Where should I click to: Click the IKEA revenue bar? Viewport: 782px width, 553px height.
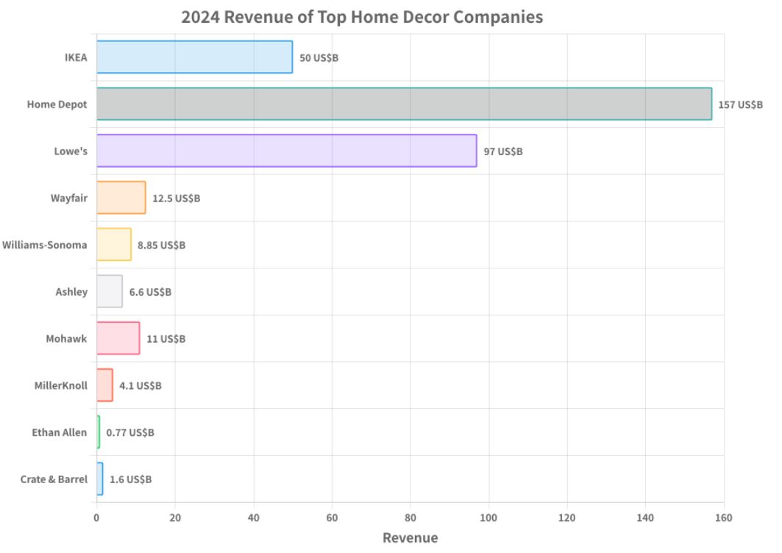[194, 57]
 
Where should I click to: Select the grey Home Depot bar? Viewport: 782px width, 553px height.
[404, 104]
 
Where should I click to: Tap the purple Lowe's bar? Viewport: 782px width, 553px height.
[286, 151]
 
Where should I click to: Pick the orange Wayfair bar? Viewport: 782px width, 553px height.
[121, 198]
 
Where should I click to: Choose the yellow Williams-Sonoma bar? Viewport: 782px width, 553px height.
[114, 244]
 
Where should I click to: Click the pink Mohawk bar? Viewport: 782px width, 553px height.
[118, 338]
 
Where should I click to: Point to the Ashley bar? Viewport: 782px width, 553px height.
[110, 291]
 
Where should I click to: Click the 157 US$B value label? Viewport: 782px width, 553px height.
[740, 104]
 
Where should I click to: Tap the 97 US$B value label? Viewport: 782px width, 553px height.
[503, 151]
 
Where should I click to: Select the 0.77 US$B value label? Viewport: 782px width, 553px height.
[130, 432]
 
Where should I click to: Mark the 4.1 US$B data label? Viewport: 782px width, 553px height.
[141, 385]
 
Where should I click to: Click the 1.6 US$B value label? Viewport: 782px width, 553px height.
[131, 479]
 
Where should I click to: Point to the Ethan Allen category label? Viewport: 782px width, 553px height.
[60, 432]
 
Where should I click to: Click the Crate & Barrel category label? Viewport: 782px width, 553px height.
[54, 479]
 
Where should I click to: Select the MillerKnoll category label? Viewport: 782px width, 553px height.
[60, 385]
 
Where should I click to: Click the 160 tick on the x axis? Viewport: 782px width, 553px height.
[724, 518]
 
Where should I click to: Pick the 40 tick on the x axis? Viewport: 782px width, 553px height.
[253, 518]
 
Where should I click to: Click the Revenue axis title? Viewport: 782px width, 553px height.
[410, 538]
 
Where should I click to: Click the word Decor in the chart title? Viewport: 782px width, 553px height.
[399, 16]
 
